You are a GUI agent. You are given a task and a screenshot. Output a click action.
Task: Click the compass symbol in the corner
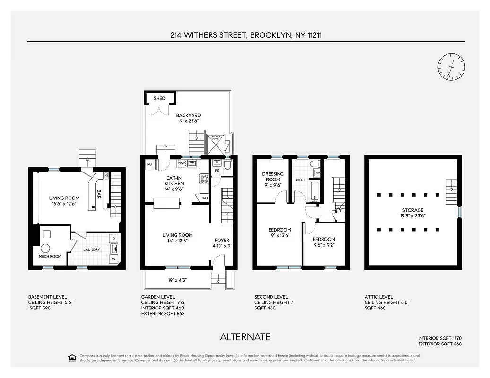point(451,67)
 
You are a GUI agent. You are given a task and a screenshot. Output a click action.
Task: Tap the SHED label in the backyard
point(159,99)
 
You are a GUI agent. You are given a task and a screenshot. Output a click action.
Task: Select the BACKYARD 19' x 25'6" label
point(188,118)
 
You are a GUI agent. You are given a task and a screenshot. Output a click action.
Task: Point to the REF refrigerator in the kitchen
point(150,164)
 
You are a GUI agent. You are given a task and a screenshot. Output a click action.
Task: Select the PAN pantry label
point(204,198)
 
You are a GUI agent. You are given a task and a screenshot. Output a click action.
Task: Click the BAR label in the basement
point(99,194)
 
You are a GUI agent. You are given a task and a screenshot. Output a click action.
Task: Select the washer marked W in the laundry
point(114,259)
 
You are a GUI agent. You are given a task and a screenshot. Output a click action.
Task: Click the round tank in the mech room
point(45,249)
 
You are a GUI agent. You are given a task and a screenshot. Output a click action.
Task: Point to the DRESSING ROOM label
point(273,177)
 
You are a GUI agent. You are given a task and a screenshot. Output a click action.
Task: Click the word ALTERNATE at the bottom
point(245,337)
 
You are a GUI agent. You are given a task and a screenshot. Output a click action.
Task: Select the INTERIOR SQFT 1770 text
point(439,338)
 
